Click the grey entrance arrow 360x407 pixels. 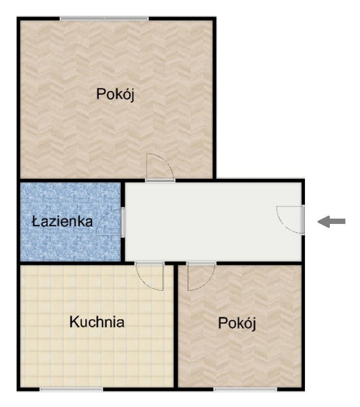point(332,222)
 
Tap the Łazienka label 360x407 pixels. point(62,222)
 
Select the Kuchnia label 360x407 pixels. point(96,322)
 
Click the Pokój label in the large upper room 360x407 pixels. point(115,94)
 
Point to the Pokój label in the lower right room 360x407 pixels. point(237,323)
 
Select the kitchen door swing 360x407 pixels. point(150,277)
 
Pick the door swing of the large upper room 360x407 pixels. point(159,167)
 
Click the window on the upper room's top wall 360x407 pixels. point(104,18)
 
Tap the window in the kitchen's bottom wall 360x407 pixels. point(71,389)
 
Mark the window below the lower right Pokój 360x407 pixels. point(245,389)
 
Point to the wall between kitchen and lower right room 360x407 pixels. point(176,331)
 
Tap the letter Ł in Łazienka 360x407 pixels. point(36,222)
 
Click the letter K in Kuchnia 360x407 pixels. point(74,322)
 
